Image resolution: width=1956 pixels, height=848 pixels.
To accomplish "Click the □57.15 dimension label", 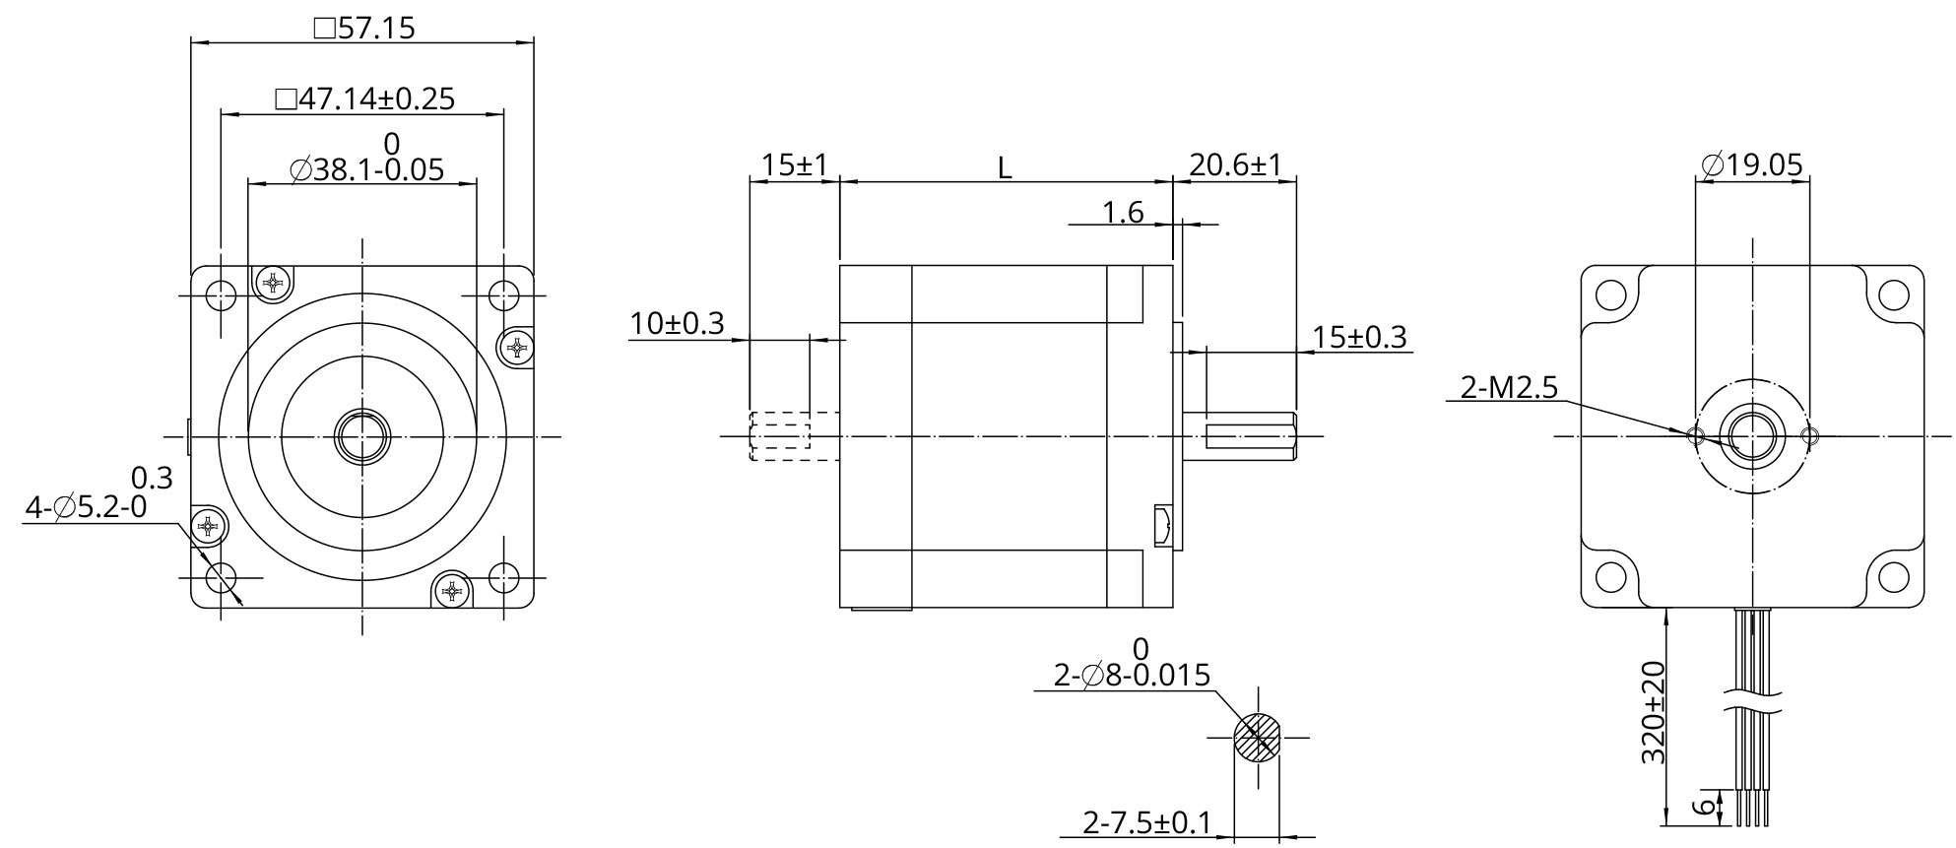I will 363,28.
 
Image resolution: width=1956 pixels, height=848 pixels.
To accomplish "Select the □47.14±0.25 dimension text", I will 364,98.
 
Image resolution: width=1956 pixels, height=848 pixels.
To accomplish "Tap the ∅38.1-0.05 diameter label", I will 366,170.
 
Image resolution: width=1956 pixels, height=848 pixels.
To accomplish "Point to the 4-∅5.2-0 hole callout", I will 86,508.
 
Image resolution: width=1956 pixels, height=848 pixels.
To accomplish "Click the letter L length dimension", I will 1004,168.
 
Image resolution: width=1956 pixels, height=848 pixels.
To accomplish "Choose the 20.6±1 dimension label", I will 1235,164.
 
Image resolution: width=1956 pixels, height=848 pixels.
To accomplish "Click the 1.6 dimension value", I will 1122,212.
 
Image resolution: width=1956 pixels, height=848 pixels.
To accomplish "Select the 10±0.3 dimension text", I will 677,323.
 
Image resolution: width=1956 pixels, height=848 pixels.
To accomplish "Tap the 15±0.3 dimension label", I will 1359,338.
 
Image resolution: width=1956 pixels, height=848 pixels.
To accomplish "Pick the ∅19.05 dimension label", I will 1752,164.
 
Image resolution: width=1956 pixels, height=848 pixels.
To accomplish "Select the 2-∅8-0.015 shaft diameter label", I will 1132,676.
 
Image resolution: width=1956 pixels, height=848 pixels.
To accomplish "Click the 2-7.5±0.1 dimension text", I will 1146,822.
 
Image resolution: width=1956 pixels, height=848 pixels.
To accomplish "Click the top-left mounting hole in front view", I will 222,294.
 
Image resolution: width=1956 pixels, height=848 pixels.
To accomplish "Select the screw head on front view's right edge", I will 517,347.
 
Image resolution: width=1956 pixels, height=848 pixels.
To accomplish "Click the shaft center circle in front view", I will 362,435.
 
